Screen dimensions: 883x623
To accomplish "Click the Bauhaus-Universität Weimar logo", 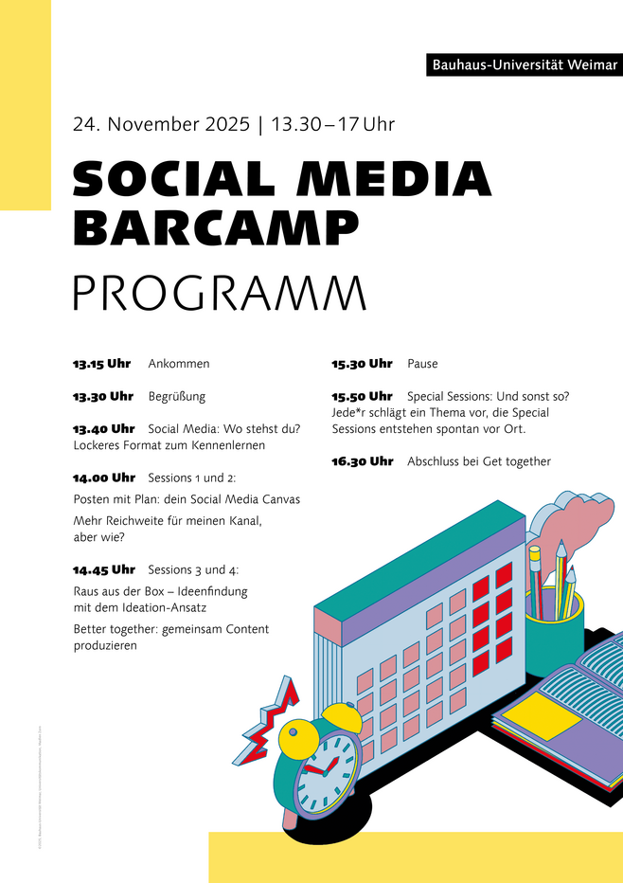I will tap(525, 65).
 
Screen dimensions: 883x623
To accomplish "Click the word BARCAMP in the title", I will tap(216, 226).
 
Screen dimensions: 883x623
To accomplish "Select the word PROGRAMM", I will tap(219, 293).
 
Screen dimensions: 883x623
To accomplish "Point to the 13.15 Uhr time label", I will tap(102, 364).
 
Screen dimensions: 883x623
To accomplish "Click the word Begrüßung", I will tap(177, 396).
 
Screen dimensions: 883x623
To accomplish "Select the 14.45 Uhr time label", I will tap(103, 569).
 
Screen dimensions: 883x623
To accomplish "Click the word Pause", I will tap(422, 364).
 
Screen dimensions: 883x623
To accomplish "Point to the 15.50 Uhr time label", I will tap(362, 396).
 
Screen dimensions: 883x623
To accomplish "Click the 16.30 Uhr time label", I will tap(362, 461).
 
